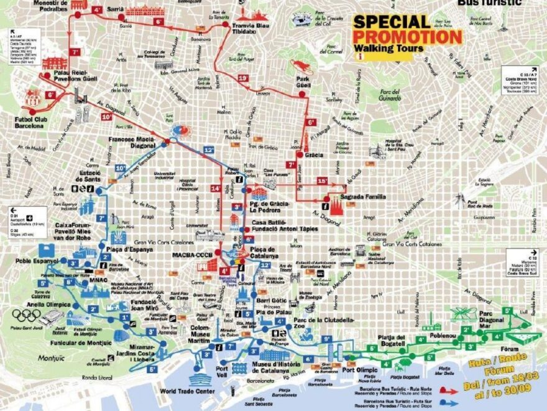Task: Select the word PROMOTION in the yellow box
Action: (407, 37)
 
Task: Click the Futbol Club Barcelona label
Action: (30, 121)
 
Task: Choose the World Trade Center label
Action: (187, 391)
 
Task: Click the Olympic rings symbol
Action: (27, 316)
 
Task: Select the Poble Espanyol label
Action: (35, 261)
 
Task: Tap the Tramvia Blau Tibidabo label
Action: (250, 28)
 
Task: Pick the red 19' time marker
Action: (243, 78)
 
